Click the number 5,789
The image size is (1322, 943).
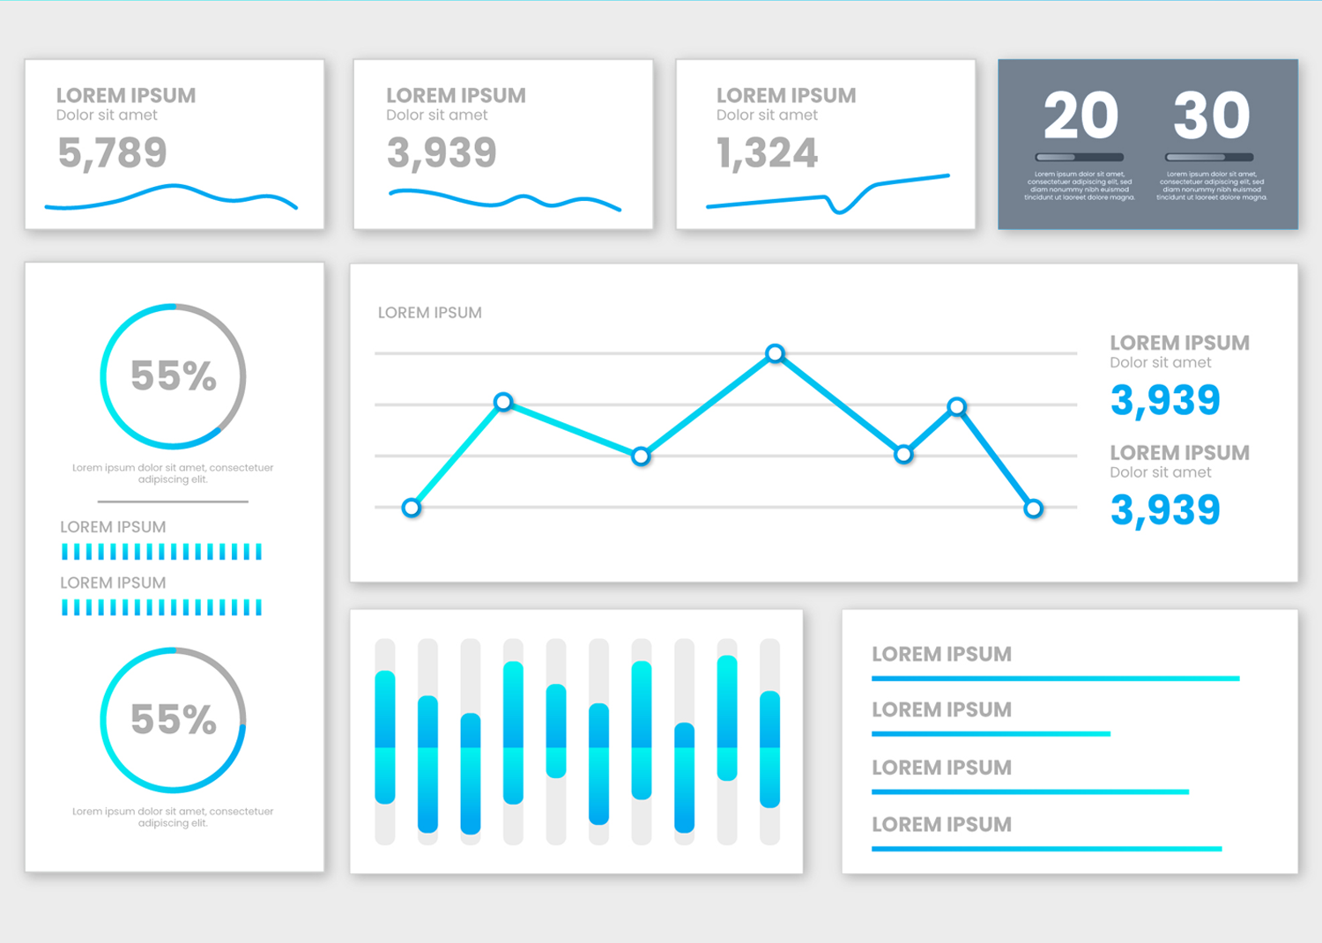pos(112,152)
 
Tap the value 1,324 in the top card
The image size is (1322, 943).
pos(767,152)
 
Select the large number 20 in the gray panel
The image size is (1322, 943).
pos(1081,115)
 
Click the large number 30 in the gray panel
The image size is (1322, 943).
pos(1211,115)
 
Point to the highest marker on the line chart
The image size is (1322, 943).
pos(775,353)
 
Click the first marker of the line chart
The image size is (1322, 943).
pos(412,508)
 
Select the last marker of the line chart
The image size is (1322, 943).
pos(1033,508)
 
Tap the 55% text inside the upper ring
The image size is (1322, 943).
pos(174,376)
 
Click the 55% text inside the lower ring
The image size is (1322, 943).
pos(174,720)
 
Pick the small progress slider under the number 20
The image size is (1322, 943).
pos(1080,157)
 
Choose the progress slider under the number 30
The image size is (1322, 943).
pos(1209,157)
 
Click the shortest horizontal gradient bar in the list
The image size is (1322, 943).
pos(991,733)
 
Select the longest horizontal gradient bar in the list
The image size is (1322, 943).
pos(1055,678)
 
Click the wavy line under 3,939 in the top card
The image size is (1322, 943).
pos(504,200)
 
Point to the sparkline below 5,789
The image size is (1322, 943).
pos(172,197)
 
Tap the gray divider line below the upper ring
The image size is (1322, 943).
pos(173,501)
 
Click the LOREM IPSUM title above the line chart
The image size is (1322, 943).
pos(430,313)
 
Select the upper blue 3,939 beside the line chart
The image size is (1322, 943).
pos(1165,400)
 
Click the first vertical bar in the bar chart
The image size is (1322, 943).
pos(385,737)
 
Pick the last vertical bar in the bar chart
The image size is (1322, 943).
pos(770,749)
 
